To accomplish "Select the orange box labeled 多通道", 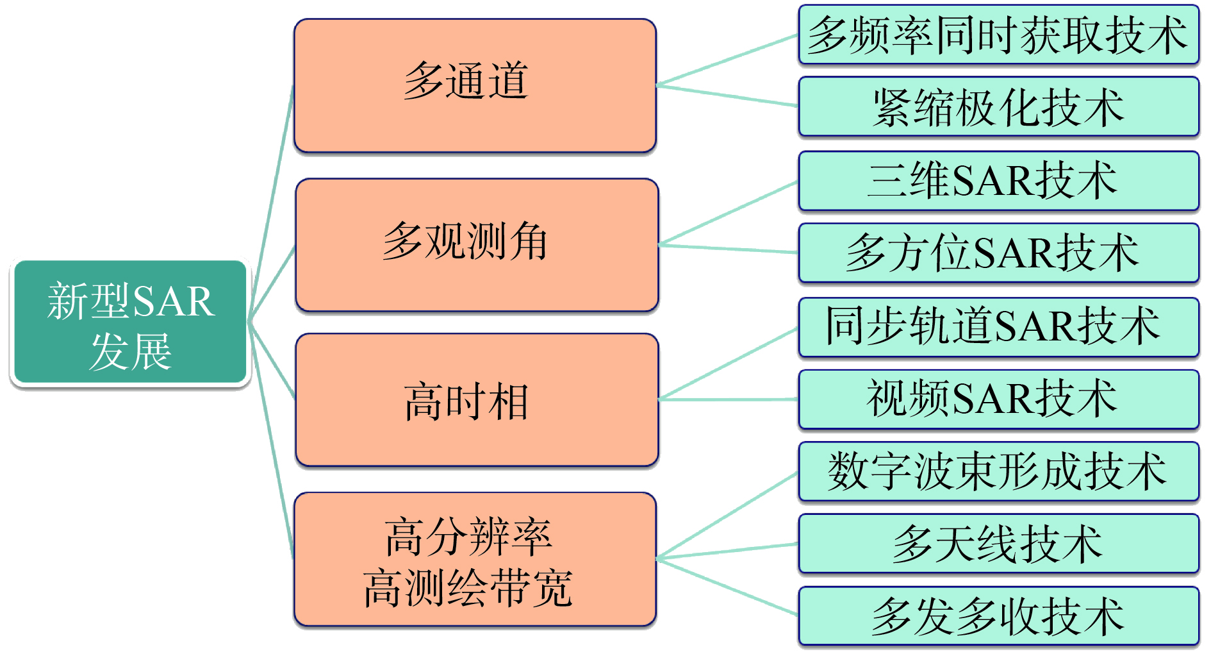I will point(475,85).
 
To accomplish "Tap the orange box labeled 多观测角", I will point(477,245).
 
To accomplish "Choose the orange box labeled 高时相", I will point(477,399).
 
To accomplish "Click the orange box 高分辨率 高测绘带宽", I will point(475,559).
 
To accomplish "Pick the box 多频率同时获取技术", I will point(998,35).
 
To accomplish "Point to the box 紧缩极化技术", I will point(998,106).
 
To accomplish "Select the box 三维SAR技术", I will point(998,180).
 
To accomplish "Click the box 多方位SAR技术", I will point(998,253).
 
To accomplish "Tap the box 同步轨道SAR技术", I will point(998,326).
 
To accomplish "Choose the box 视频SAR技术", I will point(998,399).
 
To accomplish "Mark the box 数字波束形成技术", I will point(998,471).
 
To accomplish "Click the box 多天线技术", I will point(998,544).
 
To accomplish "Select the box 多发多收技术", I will point(998,616).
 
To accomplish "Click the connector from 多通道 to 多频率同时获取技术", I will point(727,60).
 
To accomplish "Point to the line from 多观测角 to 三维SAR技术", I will point(729,214).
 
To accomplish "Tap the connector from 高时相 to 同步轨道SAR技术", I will point(729,364).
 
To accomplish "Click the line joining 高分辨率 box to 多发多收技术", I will point(727,587).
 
